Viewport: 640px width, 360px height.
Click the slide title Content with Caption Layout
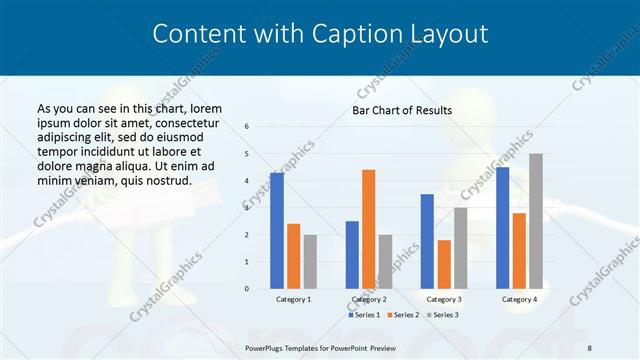[x=320, y=34]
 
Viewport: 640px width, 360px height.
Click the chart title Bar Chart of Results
[x=402, y=110]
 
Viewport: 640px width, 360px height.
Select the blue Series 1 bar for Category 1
[x=277, y=231]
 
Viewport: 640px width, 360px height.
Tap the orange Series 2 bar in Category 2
[x=368, y=229]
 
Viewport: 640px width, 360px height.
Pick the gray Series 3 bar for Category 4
[x=536, y=221]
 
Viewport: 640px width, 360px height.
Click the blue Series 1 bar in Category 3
[x=427, y=241]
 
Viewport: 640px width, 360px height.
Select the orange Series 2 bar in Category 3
[x=444, y=264]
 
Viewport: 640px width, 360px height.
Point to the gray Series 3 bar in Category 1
[x=310, y=261]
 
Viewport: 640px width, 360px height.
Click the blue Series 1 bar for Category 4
[x=502, y=228]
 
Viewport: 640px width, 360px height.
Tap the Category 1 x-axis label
[x=293, y=299]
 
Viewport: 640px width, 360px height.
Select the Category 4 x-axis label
[x=519, y=299]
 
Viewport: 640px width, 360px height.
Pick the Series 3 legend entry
[x=445, y=315]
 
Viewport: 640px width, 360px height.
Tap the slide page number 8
[x=589, y=346]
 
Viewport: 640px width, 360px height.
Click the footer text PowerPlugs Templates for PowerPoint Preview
[x=320, y=346]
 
